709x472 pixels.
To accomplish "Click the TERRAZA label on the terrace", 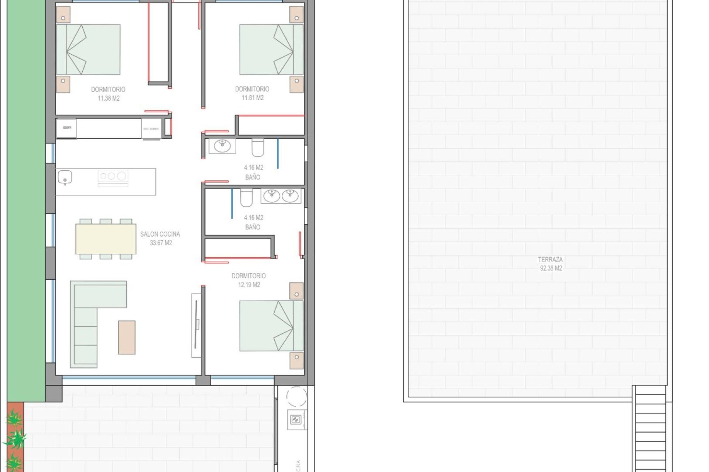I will [x=550, y=259].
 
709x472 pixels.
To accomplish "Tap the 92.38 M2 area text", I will [x=551, y=268].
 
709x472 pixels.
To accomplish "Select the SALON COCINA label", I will [x=160, y=234].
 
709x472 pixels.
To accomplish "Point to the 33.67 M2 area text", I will [x=161, y=243].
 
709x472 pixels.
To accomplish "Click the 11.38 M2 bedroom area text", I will [x=109, y=98].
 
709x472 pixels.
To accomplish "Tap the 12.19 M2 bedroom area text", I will [x=249, y=285].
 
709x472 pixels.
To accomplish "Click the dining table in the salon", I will [x=106, y=239].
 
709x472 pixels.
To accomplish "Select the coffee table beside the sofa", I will [x=127, y=337].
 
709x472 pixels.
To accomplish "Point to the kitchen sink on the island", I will [x=65, y=178].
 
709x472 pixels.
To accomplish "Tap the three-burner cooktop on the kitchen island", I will [x=113, y=176].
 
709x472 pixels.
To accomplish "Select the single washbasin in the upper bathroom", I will [x=222, y=146].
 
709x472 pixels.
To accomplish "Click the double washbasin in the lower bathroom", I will [x=281, y=196].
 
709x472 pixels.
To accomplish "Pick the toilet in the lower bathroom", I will [x=246, y=198].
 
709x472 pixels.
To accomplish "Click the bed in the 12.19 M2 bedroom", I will [x=271, y=326].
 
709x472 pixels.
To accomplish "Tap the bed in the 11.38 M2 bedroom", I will [x=88, y=49].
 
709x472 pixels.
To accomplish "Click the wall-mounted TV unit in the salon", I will [x=196, y=325].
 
